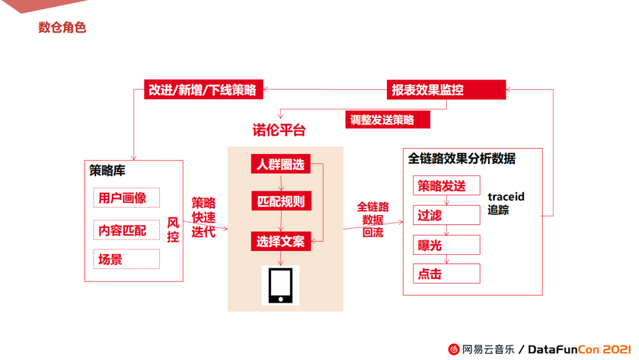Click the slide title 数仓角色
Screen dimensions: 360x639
point(62,27)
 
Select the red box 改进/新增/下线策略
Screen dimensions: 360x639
point(203,90)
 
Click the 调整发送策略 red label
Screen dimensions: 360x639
point(388,120)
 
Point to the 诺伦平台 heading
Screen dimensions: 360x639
point(279,130)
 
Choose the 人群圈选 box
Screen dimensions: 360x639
point(280,164)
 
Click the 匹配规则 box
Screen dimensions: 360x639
point(280,201)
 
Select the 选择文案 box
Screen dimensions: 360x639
point(280,241)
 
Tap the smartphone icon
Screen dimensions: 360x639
point(280,285)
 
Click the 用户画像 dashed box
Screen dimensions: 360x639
point(126,198)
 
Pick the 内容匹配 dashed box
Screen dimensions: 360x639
point(126,230)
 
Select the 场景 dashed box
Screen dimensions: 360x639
point(126,259)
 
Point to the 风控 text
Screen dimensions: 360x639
point(173,230)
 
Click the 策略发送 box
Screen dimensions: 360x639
point(446,186)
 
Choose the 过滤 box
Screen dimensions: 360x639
point(446,216)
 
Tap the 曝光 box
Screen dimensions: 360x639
point(446,245)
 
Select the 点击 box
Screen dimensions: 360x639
point(446,274)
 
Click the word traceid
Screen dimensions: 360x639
point(506,197)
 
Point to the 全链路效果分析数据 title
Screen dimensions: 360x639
point(461,159)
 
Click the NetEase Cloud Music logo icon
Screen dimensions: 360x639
point(454,349)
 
